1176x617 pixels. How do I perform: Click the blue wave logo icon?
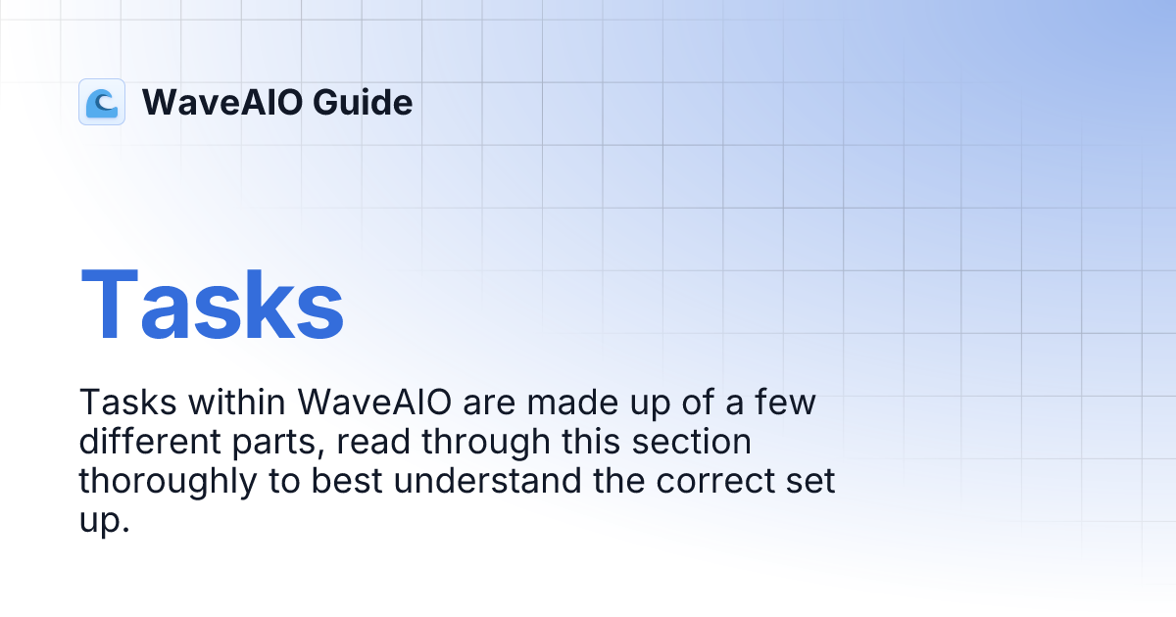click(x=102, y=102)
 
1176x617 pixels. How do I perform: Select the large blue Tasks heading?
click(x=212, y=303)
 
